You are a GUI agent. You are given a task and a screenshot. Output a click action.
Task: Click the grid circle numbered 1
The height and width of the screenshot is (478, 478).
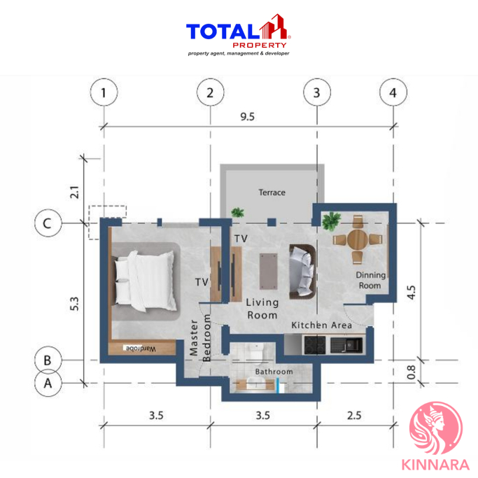point(104,92)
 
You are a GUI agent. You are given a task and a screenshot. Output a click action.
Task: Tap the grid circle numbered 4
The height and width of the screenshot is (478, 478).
point(393,92)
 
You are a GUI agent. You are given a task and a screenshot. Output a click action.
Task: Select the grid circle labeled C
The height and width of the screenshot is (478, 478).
point(48,223)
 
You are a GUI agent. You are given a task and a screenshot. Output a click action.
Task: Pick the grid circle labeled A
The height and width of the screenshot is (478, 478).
point(48,383)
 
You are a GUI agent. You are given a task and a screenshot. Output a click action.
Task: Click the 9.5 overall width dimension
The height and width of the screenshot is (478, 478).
point(247,116)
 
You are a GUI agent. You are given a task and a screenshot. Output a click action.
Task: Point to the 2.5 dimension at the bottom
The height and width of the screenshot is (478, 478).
point(354,415)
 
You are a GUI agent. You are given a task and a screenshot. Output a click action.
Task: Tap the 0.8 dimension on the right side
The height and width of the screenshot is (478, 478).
point(412,372)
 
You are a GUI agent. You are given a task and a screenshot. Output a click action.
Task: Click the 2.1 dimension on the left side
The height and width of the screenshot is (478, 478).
point(75,192)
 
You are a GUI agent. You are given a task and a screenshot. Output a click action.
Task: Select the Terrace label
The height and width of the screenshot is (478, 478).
point(272,192)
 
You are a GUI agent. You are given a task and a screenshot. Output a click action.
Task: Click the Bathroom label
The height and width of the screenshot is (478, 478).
point(274,372)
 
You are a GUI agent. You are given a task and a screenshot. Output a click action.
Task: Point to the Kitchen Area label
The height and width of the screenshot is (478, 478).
point(322,325)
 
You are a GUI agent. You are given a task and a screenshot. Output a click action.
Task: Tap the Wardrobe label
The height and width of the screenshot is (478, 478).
point(141,349)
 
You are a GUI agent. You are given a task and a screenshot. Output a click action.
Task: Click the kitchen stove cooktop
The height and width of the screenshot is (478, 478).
point(315,345)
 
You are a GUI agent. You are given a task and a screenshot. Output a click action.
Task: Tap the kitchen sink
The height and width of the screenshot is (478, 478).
point(347,345)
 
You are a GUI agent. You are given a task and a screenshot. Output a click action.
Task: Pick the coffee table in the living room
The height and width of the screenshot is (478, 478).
point(269,272)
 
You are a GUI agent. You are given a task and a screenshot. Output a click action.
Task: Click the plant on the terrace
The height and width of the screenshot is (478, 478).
point(237,212)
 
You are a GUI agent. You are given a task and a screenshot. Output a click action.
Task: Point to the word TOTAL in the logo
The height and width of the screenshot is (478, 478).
point(223,31)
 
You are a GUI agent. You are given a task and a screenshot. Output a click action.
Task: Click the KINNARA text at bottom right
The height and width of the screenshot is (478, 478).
point(435,465)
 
